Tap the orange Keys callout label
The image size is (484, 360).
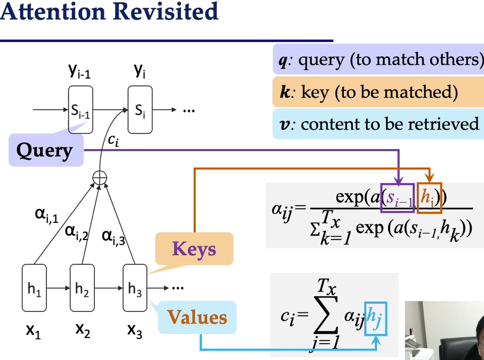tap(194, 249)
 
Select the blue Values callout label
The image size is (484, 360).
tap(197, 317)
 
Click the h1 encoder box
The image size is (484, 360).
tap(34, 290)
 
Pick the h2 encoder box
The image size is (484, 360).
tap(82, 290)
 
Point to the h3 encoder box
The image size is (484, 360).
tap(135, 290)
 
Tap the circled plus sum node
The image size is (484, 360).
tap(100, 179)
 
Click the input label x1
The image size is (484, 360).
tap(33, 331)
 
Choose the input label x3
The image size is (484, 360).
tap(135, 331)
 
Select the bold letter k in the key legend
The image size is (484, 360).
tap(285, 92)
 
